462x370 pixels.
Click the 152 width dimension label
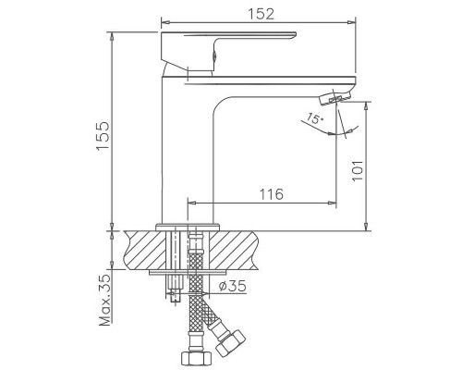(x=261, y=14)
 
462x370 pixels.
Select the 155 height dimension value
(x=103, y=136)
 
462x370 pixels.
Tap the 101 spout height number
(x=358, y=171)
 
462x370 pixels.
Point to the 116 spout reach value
(x=271, y=194)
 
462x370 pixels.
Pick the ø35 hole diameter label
(x=233, y=286)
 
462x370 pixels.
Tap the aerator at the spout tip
(x=336, y=97)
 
